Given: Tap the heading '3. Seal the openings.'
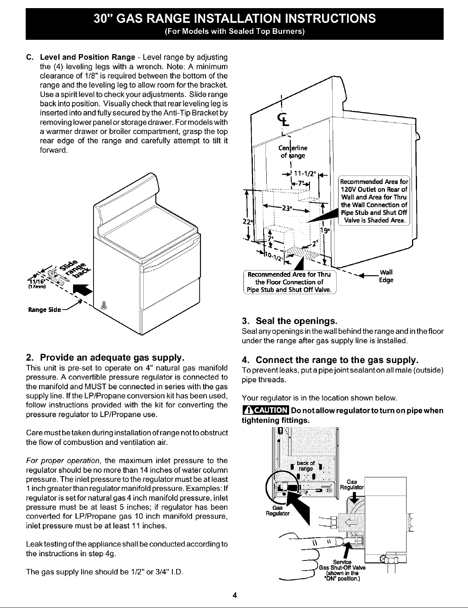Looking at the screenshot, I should tap(289, 321).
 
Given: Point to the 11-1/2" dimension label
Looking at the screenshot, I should tap(304, 173).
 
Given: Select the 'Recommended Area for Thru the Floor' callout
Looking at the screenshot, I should tap(289, 282).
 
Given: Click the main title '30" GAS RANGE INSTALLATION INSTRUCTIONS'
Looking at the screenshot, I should tap(234, 19).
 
